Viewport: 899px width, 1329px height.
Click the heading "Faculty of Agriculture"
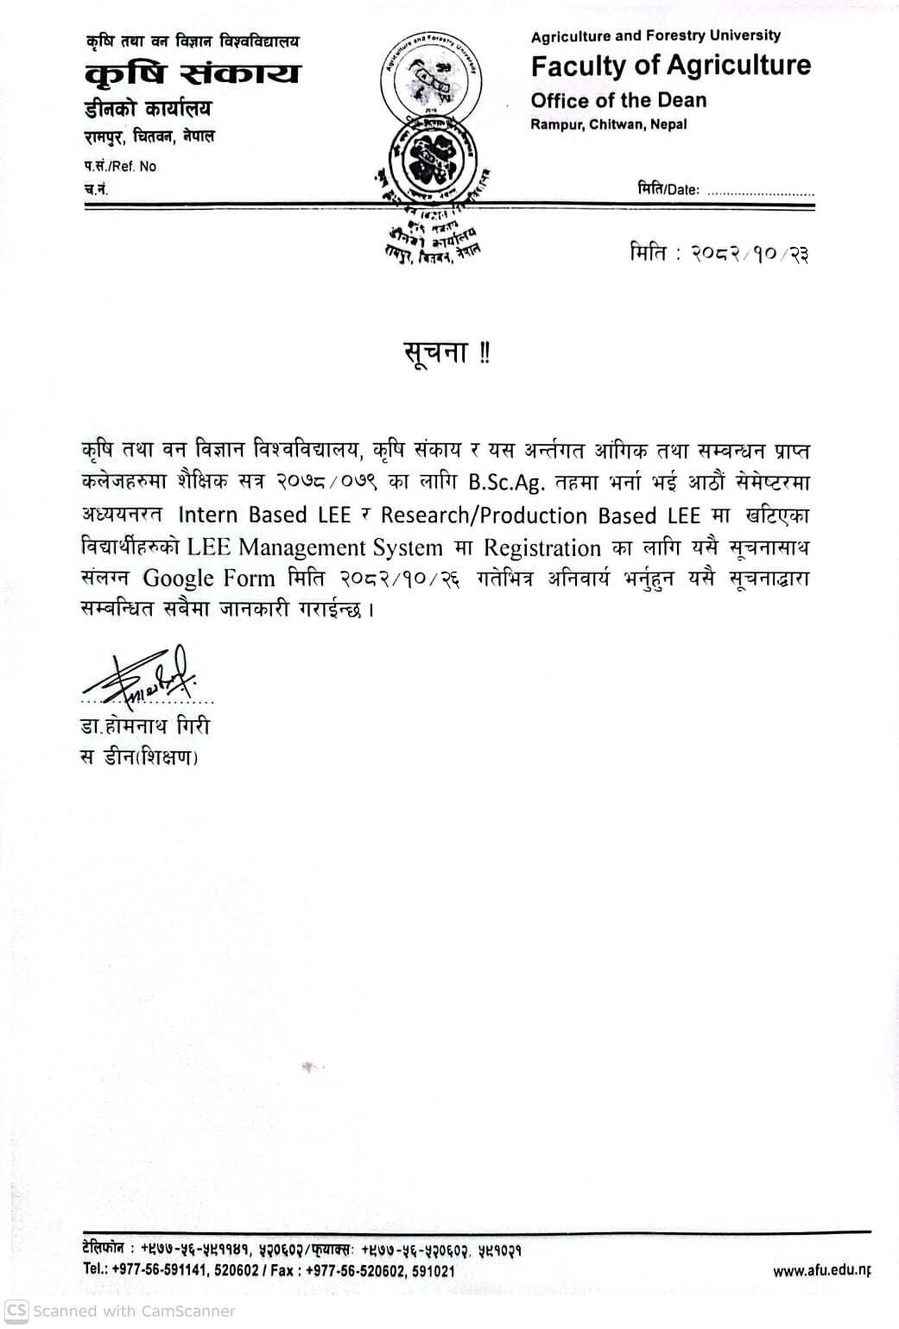[670, 66]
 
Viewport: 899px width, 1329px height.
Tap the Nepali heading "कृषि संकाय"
[193, 73]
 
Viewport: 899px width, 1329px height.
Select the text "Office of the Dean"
[618, 100]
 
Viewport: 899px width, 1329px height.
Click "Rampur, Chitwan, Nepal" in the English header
[608, 124]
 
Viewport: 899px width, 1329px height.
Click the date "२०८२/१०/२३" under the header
[750, 254]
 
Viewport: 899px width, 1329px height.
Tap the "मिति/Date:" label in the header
[668, 189]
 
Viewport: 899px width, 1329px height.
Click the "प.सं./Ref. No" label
[121, 166]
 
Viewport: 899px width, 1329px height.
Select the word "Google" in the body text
[178, 578]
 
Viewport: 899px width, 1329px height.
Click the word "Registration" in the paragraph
[541, 547]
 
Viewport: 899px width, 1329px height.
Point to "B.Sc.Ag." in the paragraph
[507, 482]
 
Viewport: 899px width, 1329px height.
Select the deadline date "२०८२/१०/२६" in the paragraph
[399, 579]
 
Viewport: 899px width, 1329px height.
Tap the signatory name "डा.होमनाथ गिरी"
[144, 726]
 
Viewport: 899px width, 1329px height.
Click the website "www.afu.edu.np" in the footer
[821, 1270]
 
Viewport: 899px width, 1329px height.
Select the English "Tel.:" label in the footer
[95, 1270]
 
